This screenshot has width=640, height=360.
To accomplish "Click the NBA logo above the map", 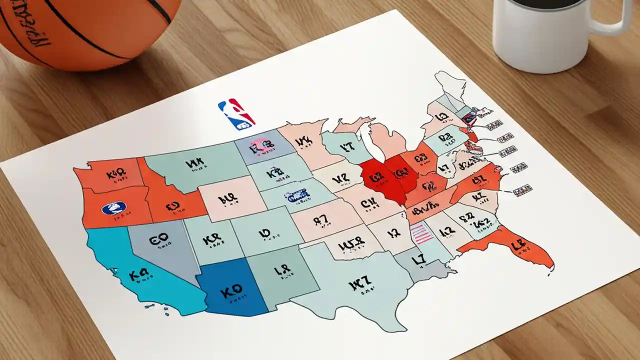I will pos(236,114).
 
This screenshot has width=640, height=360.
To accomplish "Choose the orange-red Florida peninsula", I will pos(520,247).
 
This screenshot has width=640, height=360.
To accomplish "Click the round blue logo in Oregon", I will pos(113,208).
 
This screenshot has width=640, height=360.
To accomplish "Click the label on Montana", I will pos(195,163).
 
